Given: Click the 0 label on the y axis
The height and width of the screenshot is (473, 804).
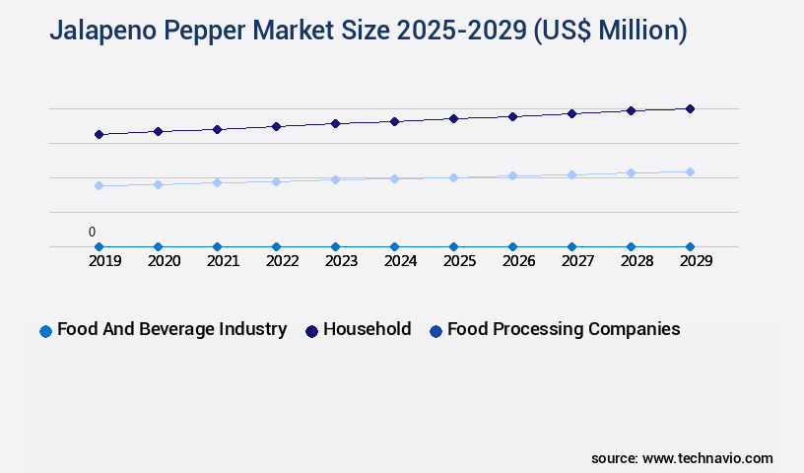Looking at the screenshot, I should (x=92, y=233).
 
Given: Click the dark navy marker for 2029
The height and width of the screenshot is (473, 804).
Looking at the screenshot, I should (x=690, y=108).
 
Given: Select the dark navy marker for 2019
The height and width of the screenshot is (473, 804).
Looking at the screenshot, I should (x=99, y=134).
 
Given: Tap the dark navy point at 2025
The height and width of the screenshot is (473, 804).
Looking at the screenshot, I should (x=453, y=118).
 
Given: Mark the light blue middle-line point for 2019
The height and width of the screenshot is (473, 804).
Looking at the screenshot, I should (x=99, y=185).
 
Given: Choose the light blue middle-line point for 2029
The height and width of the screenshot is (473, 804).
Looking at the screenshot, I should (x=690, y=171).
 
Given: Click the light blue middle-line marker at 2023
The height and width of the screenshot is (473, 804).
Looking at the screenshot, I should (x=335, y=179).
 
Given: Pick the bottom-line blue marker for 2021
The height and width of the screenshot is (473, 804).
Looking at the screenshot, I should (x=217, y=246).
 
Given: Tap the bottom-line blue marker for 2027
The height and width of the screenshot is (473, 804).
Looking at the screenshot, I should (x=571, y=246).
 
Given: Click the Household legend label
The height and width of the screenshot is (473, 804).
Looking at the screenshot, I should (x=367, y=329).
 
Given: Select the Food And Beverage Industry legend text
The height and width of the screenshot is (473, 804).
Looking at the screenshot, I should (x=171, y=329).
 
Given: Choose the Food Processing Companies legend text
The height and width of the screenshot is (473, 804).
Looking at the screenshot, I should (x=564, y=329).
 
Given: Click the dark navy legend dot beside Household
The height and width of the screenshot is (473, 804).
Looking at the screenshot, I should (x=311, y=331).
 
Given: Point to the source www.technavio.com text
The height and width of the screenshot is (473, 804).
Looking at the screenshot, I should (x=682, y=458).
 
